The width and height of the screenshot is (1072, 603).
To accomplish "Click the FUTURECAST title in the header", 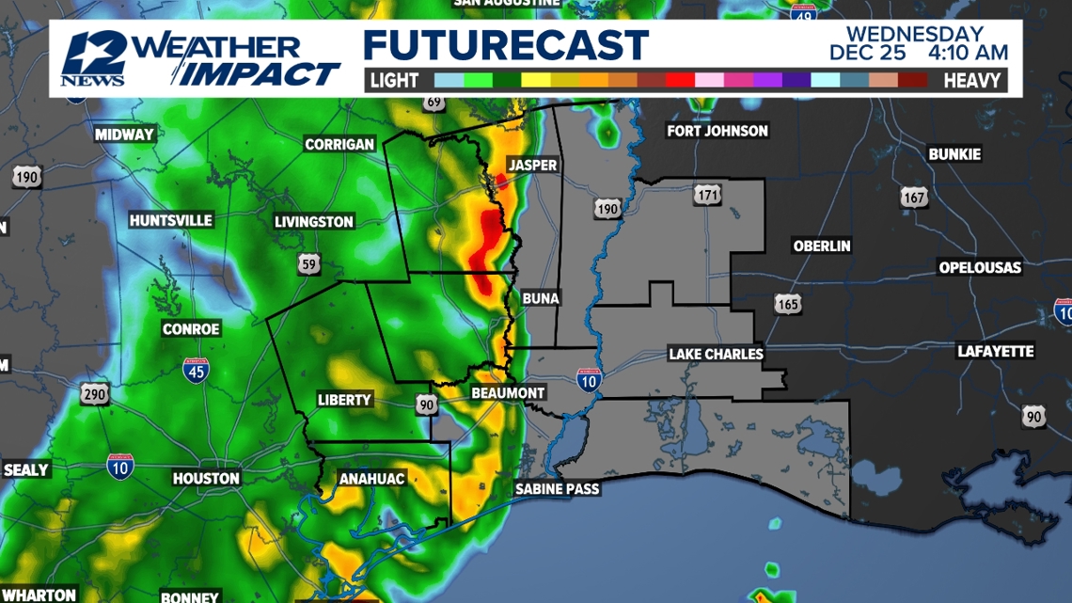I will tap(506, 45).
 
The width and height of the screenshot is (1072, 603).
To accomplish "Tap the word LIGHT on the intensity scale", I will tap(394, 81).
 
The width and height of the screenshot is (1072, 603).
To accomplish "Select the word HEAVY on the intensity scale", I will tap(971, 81).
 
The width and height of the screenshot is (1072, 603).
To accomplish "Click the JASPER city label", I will tap(532, 166).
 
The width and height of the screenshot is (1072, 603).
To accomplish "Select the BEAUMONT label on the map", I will tap(508, 392).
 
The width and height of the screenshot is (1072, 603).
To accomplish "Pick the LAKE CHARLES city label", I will tap(716, 354).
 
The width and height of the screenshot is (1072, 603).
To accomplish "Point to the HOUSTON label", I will tap(206, 479).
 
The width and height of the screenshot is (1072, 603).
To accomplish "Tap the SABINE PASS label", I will tap(557, 489).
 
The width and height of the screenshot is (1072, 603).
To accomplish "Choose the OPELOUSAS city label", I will tap(980, 268).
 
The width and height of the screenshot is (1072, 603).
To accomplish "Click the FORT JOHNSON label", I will tap(717, 131).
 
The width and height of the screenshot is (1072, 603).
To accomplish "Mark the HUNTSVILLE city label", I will tap(171, 220).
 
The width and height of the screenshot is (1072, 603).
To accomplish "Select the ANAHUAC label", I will tap(370, 479).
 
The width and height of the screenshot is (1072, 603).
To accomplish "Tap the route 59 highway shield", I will tap(309, 264).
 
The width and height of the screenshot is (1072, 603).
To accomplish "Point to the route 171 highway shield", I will tap(708, 195).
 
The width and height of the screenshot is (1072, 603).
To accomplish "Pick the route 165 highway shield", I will tap(788, 304).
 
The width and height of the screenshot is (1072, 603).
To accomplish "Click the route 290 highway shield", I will tap(94, 394).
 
